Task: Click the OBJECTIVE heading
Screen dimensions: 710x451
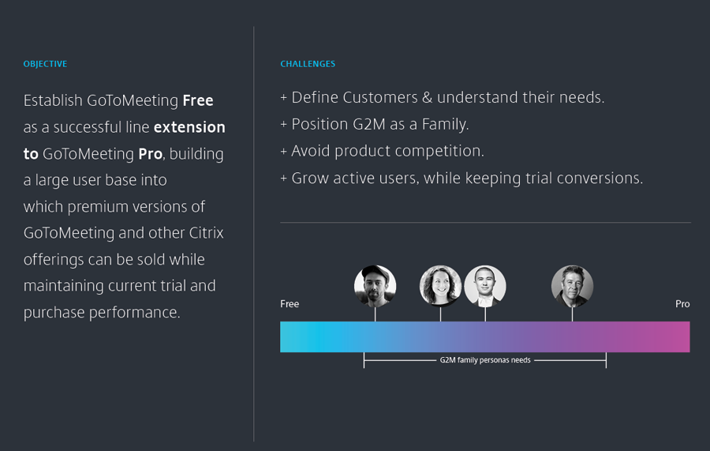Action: [45, 64]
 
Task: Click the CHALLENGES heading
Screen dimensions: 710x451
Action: [308, 64]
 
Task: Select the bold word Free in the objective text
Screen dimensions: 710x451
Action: [198, 100]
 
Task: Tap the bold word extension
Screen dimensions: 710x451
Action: [189, 127]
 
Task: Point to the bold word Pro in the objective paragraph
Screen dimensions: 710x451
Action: [151, 154]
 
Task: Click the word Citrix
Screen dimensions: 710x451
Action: [206, 232]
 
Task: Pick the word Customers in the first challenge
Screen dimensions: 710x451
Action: [380, 97]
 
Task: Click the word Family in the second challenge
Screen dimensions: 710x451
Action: [445, 124]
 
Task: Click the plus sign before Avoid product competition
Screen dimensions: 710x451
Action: [284, 152]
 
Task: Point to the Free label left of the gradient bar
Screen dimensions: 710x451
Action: [290, 303]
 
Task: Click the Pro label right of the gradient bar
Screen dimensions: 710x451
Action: [682, 303]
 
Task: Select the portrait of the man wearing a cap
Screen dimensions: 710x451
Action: [375, 286]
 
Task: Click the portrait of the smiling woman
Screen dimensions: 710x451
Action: [440, 286]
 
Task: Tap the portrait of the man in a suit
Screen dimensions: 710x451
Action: [485, 286]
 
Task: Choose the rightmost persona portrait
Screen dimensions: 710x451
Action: [572, 286]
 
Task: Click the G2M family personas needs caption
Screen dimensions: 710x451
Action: [485, 360]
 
